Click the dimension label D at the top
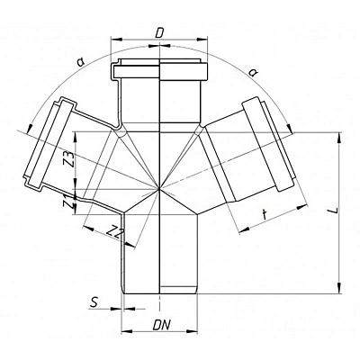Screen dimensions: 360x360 point(159,34)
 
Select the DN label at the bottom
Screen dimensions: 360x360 point(162,325)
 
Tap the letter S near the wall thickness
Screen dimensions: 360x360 point(94,302)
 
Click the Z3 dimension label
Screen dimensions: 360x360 point(68,160)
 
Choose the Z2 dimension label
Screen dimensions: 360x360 point(114,232)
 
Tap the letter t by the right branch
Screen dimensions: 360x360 point(265,215)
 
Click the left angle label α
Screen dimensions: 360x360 point(80,62)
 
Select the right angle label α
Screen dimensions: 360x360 point(254,72)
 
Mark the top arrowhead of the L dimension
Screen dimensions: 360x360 point(339,138)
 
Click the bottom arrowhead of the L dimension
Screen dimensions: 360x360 point(339,288)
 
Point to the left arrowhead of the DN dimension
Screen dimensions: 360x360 point(127,331)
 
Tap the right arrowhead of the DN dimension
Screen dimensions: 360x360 point(193,331)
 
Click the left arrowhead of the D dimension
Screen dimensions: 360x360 point(117,39)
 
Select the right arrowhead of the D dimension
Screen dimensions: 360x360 point(202,39)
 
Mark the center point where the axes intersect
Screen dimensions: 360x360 point(159,189)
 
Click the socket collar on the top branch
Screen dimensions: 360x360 point(160,72)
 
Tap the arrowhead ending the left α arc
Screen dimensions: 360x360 point(30,128)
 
